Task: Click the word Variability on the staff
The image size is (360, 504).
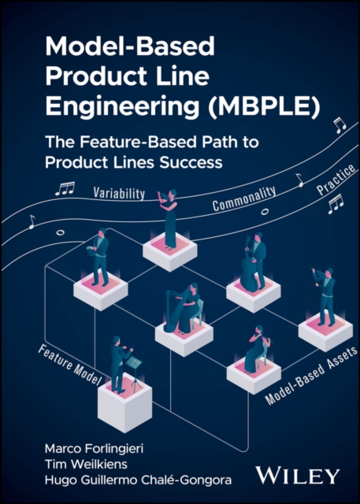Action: [121, 192]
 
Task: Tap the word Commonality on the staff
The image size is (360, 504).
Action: [243, 198]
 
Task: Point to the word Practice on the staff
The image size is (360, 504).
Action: [331, 185]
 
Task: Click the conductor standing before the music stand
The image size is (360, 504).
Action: [117, 363]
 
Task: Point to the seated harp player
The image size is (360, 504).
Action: [184, 306]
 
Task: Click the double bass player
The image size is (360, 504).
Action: [253, 265]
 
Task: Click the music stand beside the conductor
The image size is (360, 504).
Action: [135, 370]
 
